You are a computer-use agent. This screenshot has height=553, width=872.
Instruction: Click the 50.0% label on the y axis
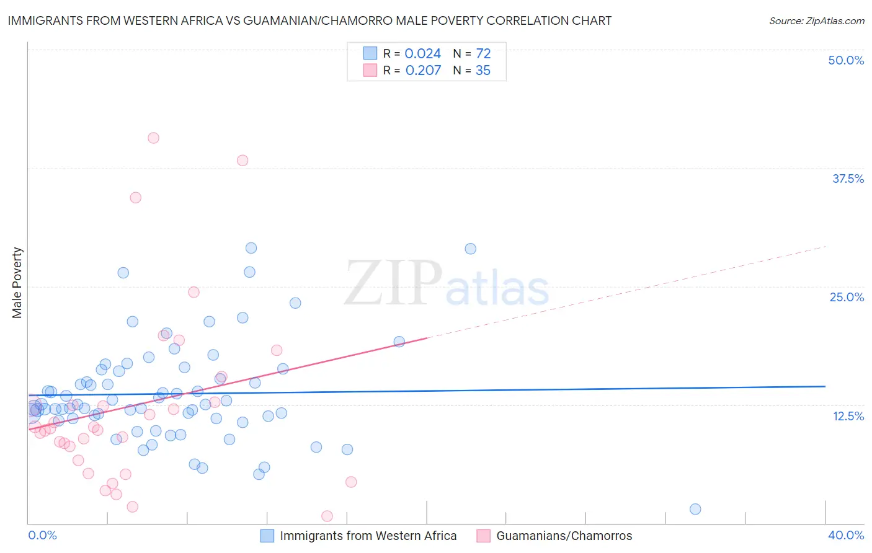[846, 60]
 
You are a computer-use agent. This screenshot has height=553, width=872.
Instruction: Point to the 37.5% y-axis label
[848, 179]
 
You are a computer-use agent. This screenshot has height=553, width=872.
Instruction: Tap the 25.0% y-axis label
[847, 297]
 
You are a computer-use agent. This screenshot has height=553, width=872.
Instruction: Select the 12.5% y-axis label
[848, 416]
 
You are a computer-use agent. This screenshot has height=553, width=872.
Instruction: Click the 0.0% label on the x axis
[42, 535]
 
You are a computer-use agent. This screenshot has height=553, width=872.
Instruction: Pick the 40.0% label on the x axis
[846, 535]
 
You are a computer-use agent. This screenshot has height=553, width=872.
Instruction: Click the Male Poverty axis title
[17, 283]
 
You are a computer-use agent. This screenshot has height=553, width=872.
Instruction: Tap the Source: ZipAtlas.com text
[816, 20]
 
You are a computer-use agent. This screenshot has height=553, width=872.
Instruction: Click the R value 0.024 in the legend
[422, 54]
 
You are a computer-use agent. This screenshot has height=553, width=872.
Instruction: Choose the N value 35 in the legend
[483, 71]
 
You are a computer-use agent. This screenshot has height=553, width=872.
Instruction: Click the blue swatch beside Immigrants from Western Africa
[267, 536]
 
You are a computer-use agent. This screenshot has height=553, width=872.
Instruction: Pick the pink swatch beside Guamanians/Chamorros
[484, 536]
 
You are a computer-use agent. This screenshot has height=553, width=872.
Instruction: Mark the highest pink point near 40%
[153, 138]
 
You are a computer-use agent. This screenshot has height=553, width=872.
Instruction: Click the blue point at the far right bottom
[695, 509]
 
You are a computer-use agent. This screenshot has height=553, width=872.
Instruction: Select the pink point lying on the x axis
[327, 516]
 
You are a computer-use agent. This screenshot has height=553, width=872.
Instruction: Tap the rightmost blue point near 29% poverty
[471, 249]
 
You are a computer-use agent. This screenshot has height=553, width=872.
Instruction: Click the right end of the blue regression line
[825, 386]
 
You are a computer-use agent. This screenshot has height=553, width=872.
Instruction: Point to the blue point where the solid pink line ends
[399, 342]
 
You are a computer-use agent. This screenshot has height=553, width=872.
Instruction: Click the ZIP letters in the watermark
[393, 283]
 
